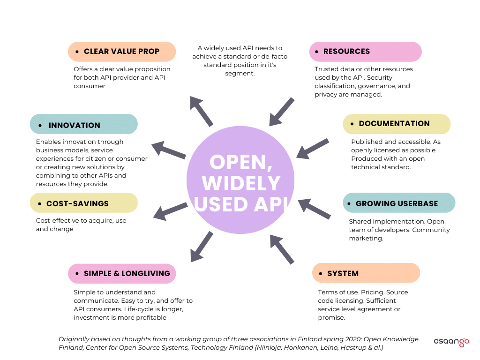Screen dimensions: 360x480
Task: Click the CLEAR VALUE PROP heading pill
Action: (122, 52)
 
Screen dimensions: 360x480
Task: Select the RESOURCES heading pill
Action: (365, 52)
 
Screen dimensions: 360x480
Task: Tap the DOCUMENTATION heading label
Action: (397, 124)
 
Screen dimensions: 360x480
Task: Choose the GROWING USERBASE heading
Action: (399, 203)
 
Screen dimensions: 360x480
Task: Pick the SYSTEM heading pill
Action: (366, 273)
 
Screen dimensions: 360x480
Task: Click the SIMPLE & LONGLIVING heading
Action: (122, 274)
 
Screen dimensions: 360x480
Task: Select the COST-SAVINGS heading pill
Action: (84, 203)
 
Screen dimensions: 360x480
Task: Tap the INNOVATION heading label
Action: (84, 125)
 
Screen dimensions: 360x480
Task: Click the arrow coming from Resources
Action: (282, 112)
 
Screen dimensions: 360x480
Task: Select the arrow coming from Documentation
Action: (313, 148)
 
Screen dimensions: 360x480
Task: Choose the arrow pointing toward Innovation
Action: (169, 150)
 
